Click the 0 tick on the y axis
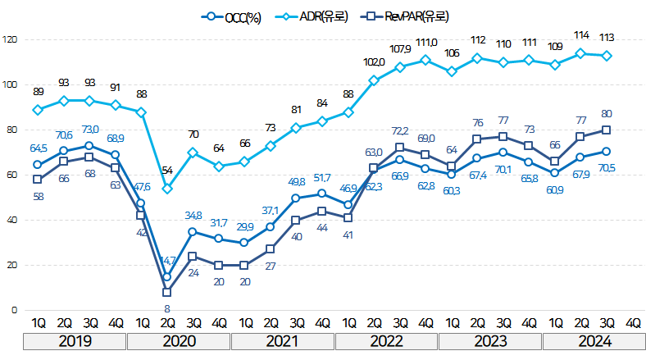[x=14, y=310]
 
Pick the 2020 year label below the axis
[x=179, y=339]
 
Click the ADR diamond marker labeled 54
[x=167, y=189]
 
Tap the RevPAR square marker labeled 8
[x=167, y=292]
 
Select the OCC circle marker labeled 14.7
[x=167, y=277]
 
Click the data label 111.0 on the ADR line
[x=426, y=43]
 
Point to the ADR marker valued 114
[x=580, y=53]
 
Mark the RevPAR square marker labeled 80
[x=607, y=130]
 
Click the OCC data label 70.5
[x=607, y=167]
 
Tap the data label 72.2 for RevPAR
[x=399, y=130]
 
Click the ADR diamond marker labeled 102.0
[x=374, y=80]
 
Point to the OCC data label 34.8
[x=193, y=215]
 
